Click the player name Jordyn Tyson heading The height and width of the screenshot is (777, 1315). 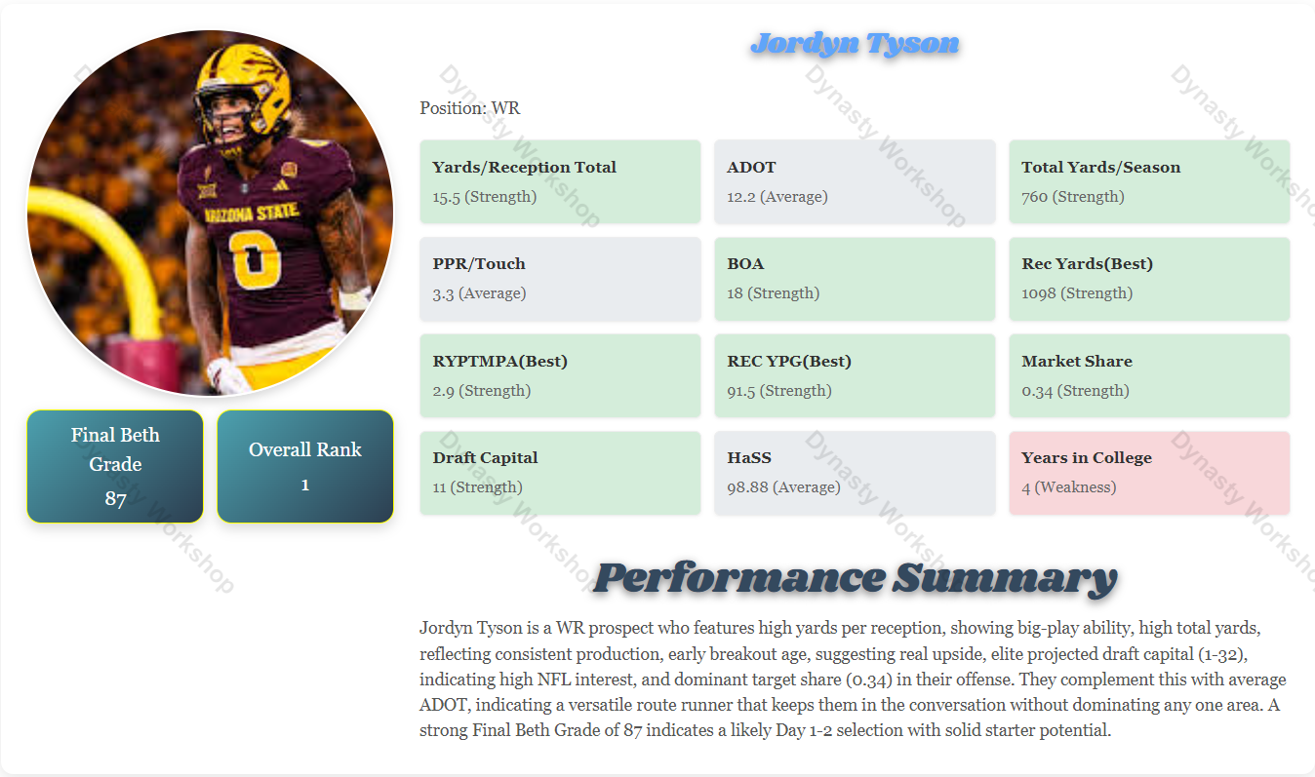[855, 44]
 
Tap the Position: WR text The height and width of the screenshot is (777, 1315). [470, 108]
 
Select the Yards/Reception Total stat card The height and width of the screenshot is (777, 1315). [560, 181]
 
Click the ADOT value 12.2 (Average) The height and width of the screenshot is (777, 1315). [777, 197]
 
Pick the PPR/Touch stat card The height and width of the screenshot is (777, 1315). [560, 279]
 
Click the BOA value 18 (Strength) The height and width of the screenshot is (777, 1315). [773, 293]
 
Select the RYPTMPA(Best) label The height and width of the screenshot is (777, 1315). [499, 361]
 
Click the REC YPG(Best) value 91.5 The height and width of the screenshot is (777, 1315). [778, 391]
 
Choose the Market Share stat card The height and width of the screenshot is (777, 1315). [1149, 375]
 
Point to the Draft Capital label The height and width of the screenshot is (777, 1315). [485, 457]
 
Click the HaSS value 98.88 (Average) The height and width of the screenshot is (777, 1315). [783, 487]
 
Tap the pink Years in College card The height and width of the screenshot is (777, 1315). [1149, 473]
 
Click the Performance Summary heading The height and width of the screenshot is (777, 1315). [855, 577]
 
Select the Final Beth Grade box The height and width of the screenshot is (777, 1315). [115, 466]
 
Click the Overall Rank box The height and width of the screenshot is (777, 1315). [305, 466]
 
